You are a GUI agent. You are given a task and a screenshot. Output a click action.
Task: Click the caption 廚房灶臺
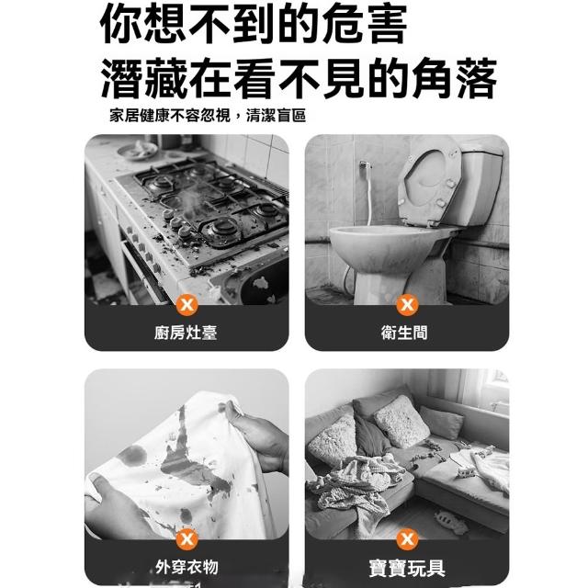click(x=186, y=333)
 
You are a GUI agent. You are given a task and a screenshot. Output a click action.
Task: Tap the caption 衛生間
click(x=404, y=333)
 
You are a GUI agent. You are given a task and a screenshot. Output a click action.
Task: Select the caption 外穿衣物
click(x=187, y=567)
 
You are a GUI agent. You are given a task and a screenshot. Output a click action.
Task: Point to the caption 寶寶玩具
click(x=407, y=568)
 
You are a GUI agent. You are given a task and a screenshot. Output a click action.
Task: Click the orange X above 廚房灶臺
click(x=187, y=304)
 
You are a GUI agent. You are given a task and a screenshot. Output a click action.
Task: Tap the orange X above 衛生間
click(x=407, y=304)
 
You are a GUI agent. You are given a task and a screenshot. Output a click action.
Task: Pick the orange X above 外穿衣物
click(x=187, y=539)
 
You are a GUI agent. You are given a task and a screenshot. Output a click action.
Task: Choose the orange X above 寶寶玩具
click(x=407, y=539)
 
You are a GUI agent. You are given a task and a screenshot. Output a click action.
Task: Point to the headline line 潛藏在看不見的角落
click(x=299, y=78)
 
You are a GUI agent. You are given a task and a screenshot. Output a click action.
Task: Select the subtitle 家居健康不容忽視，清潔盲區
click(x=208, y=115)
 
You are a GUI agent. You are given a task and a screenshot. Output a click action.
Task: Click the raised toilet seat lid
click(x=429, y=180)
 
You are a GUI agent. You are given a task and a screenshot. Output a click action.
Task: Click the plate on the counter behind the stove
click(x=137, y=152)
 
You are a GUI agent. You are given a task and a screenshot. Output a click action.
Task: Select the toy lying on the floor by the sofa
click(x=451, y=522)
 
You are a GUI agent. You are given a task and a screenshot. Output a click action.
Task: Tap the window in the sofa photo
click(x=494, y=390)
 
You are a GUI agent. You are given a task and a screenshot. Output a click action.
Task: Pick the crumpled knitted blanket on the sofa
click(x=353, y=488)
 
